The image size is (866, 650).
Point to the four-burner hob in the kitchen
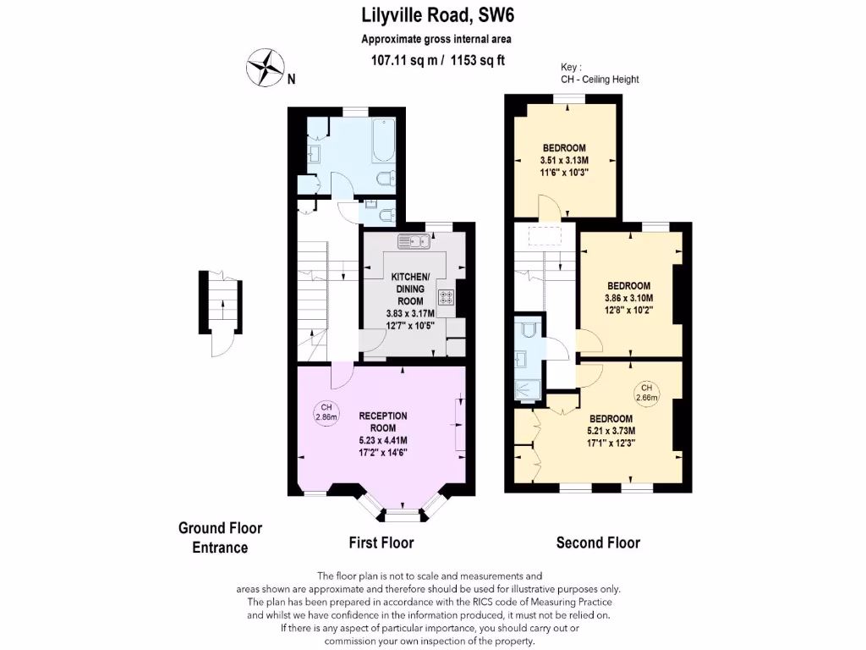click(x=446, y=297)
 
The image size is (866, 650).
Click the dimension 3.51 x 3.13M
click(x=564, y=160)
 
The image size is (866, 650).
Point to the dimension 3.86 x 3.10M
click(x=628, y=298)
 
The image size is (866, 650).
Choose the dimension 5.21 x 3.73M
click(x=611, y=430)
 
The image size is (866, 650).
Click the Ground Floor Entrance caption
click(x=220, y=537)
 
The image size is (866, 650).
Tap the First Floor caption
click(x=381, y=543)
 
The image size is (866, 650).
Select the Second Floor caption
click(x=598, y=543)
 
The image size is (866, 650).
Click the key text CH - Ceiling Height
click(x=600, y=80)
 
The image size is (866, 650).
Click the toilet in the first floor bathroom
click(x=385, y=179)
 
